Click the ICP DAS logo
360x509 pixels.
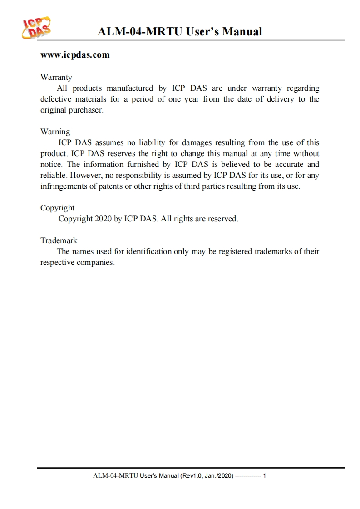37,29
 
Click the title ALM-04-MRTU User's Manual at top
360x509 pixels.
180,32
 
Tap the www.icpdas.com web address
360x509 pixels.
75,55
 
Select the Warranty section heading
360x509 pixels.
56,78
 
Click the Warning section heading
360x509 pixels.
55,132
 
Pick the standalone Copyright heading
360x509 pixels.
57,208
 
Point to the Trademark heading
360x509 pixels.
59,241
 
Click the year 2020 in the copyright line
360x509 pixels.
103,219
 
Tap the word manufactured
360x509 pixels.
129,88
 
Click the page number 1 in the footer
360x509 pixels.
264,476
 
